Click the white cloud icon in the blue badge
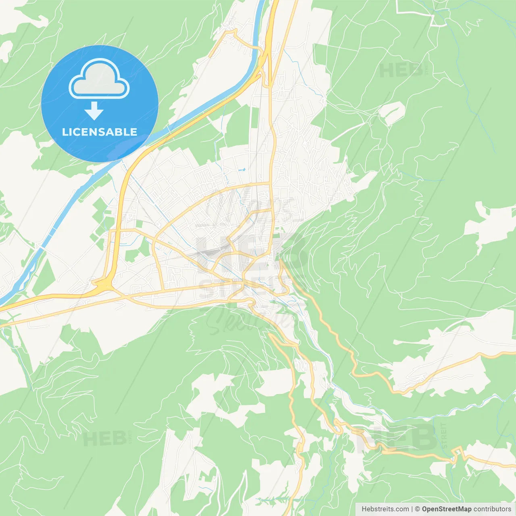point(99,79)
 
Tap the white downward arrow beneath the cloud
point(94,111)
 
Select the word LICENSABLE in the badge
point(100,132)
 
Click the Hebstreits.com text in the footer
point(385,509)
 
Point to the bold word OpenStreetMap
point(446,509)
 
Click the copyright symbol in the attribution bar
point(418,509)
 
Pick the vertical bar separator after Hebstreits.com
point(412,509)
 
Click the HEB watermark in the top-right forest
point(401,71)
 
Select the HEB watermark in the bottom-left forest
point(104,439)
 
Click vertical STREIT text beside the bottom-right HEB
point(444,435)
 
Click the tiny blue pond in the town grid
point(242,170)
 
